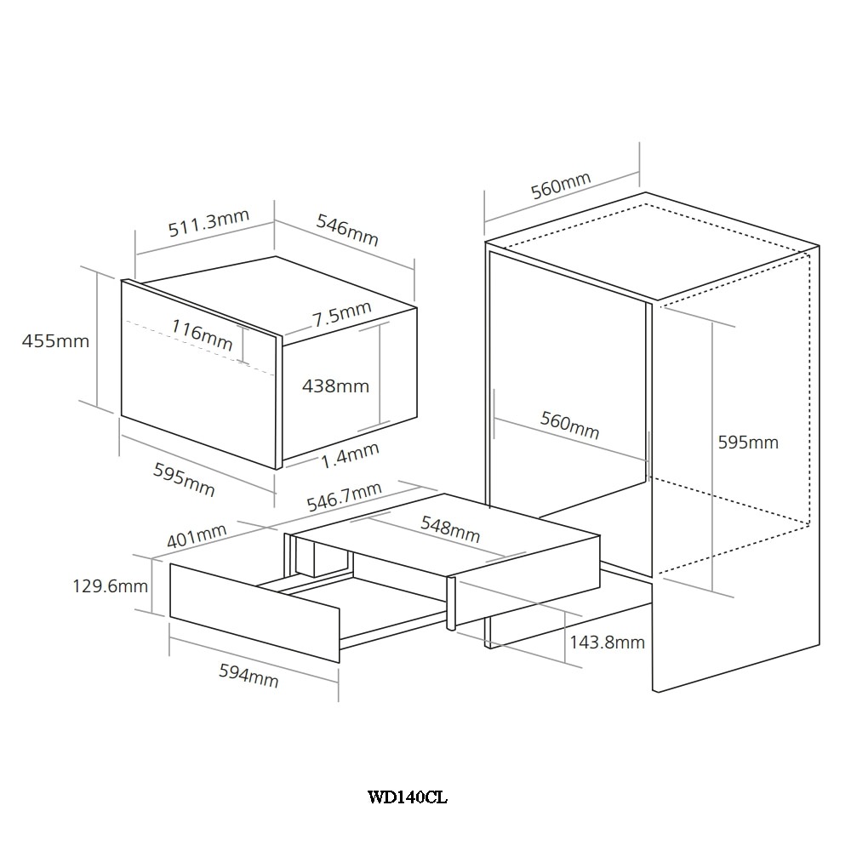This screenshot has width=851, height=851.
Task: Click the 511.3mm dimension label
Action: pos(208,223)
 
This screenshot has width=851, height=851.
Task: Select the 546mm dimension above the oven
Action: pos(347,230)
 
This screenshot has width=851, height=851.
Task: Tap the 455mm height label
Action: pos(55,341)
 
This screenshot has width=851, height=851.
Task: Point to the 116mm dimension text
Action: pos(202,334)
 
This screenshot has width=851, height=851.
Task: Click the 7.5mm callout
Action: pos(341,314)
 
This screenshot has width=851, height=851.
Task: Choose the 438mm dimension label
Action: pos(335,386)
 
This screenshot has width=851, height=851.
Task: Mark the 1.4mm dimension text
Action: pos(350,454)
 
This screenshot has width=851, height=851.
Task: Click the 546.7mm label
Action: pos(344,497)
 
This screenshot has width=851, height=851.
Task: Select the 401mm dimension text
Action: pos(197,535)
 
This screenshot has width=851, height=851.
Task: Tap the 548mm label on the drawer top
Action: pos(450,529)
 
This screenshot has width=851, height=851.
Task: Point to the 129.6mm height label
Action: pos(110,586)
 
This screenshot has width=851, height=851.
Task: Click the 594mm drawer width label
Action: pos(248,676)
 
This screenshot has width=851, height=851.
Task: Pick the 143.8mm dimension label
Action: pos(607,642)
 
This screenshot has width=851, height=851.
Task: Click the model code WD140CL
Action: pos(408,797)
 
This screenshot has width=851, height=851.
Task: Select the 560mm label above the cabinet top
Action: pos(561,186)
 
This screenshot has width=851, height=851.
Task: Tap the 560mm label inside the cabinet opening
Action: pos(570,425)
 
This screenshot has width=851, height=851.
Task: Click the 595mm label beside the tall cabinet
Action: pos(748,443)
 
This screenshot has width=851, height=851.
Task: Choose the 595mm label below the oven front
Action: pos(184,480)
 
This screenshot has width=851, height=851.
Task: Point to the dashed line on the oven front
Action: pos(200,347)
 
